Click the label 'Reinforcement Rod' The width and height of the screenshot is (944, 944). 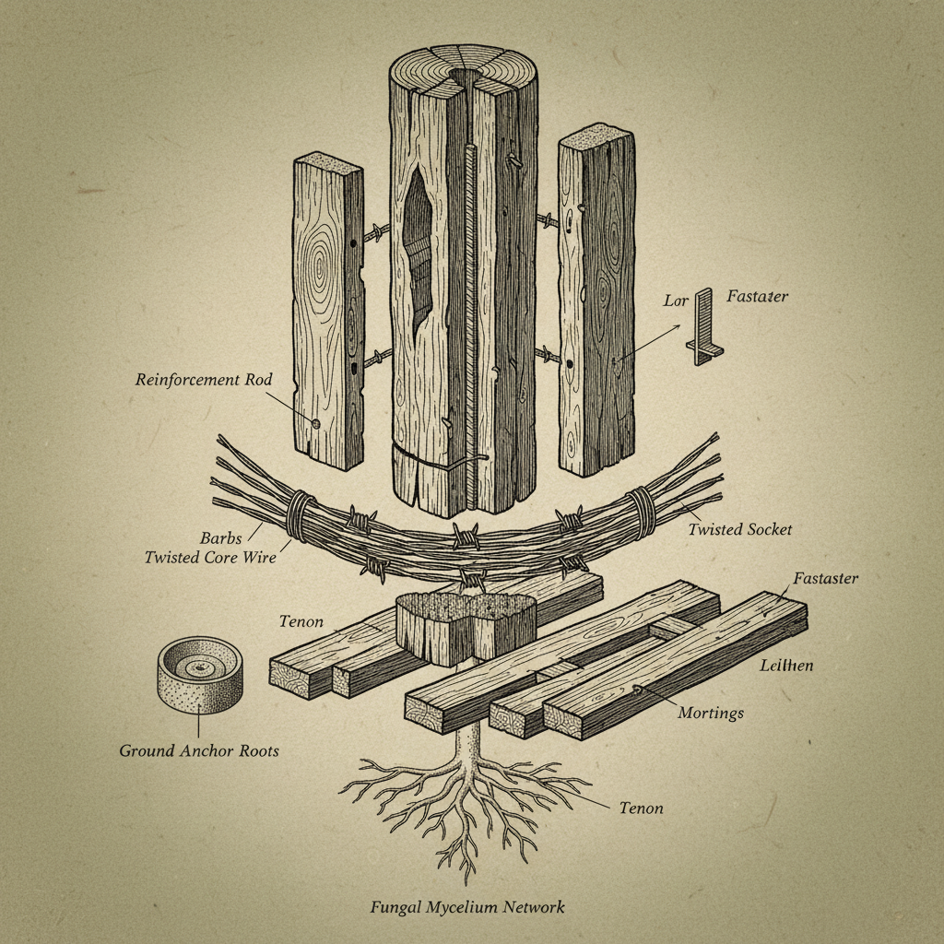pos(204,380)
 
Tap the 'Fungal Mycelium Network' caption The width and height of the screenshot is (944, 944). pos(467,907)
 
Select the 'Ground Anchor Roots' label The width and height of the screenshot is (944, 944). pos(199,750)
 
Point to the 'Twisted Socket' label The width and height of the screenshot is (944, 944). pos(740,529)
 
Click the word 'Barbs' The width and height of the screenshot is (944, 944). pos(221,537)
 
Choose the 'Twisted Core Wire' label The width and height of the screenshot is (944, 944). pos(210,557)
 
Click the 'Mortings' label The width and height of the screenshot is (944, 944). pos(711,714)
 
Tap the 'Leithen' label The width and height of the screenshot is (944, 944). pos(786,666)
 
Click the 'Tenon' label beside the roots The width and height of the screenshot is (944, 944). pos(642,808)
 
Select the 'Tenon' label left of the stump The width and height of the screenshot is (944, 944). pos(301,621)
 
